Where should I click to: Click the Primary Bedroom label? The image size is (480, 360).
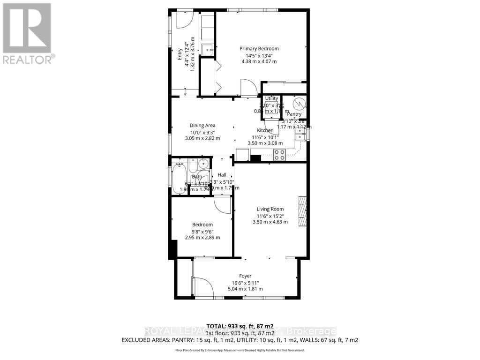259,49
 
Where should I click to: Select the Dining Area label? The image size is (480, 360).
202,125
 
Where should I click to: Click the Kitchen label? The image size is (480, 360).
265,131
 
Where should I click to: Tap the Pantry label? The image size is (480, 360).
294,114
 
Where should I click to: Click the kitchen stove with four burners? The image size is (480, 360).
279,154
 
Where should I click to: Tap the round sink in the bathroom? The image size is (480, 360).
202,164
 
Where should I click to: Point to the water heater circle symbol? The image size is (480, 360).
298,103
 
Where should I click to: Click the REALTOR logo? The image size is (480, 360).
28,33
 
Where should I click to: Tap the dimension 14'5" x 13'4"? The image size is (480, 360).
259,55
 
